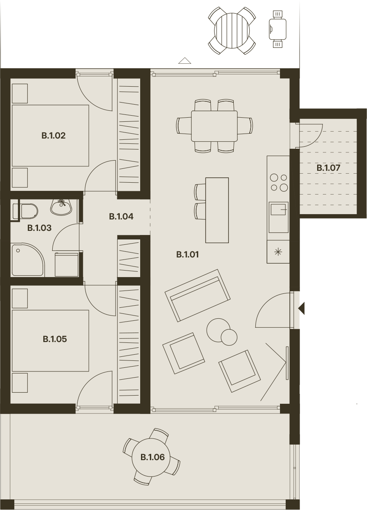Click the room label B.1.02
(x=54, y=136)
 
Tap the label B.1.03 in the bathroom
(x=39, y=228)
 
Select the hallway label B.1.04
(x=121, y=217)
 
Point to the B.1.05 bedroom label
(x=55, y=339)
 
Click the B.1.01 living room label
(x=188, y=254)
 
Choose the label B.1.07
(x=328, y=168)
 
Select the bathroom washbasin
(x=61, y=207)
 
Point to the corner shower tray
(x=28, y=260)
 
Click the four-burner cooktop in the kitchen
(x=278, y=182)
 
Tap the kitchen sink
(x=278, y=217)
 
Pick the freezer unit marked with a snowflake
(x=278, y=252)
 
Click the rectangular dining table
(x=214, y=126)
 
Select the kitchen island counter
(x=217, y=210)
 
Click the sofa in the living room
(x=197, y=295)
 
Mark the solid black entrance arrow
(x=302, y=309)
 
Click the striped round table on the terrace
(x=232, y=31)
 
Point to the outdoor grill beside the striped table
(x=277, y=29)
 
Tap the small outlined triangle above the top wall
(x=185, y=60)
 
